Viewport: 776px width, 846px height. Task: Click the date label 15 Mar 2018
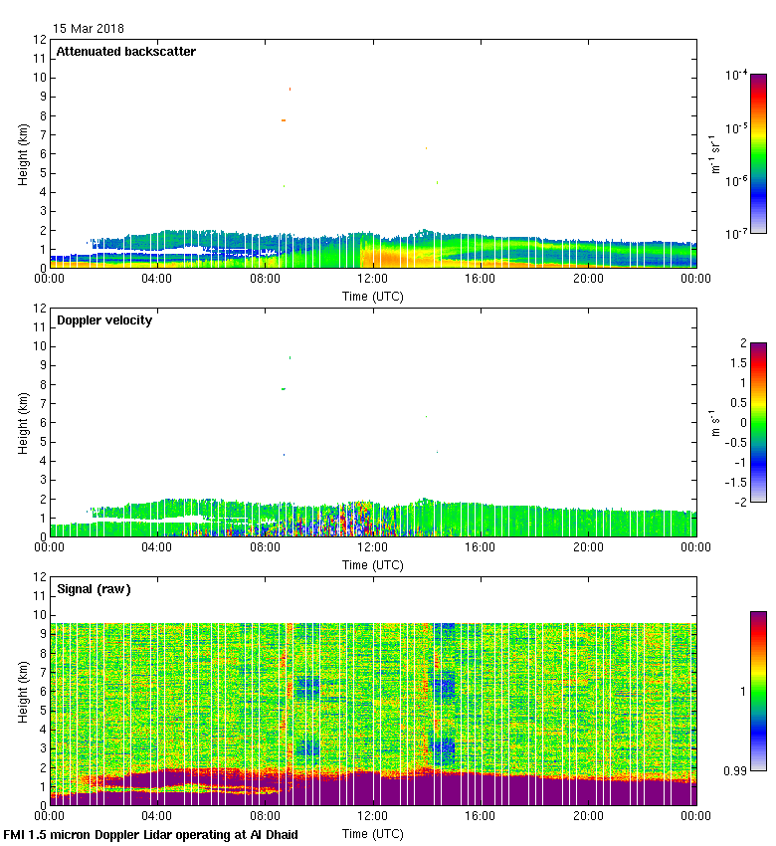(89, 29)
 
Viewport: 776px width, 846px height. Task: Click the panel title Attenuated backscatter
(126, 52)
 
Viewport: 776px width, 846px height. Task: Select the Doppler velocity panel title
(104, 320)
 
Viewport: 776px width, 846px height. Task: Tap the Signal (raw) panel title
(94, 589)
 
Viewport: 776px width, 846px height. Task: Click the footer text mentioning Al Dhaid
(151, 834)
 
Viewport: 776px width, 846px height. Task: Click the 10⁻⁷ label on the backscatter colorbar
(737, 233)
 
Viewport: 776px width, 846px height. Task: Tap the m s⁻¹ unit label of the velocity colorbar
(714, 422)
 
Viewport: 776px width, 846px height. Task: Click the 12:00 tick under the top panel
(373, 280)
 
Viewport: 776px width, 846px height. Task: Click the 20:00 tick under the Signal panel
(588, 817)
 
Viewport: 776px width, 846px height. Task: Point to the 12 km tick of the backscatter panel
(41, 40)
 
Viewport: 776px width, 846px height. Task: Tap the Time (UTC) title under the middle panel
(373, 565)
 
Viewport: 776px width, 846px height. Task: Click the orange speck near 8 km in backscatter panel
(284, 120)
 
